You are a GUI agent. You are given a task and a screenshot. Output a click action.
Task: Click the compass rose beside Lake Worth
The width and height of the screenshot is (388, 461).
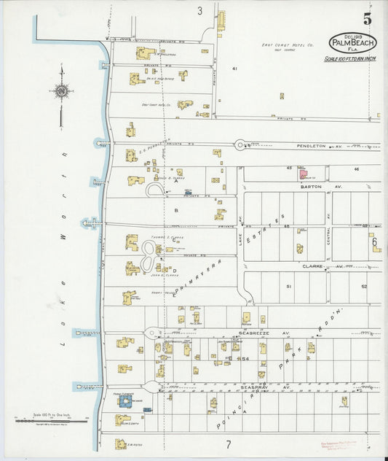[61, 90]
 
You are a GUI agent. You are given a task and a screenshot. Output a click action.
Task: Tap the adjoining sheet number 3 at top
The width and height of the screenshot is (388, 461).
[199, 11]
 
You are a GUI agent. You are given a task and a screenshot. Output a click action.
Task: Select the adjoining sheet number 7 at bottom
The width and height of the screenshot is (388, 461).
[227, 443]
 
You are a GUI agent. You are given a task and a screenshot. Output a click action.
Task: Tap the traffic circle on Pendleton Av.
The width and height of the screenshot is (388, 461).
[240, 145]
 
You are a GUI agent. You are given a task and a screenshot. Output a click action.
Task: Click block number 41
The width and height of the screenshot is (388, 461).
[234, 68]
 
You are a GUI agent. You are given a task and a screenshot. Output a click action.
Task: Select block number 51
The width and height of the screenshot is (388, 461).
[288, 286]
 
